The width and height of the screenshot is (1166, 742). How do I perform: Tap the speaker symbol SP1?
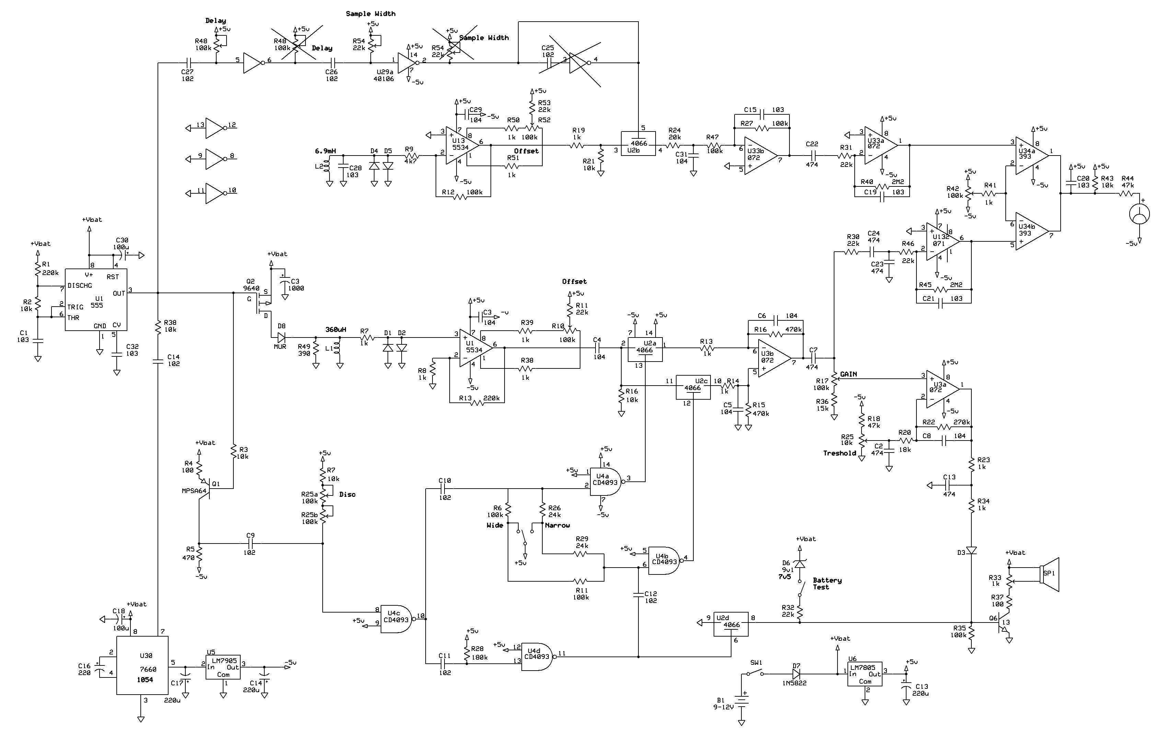[x=1050, y=574]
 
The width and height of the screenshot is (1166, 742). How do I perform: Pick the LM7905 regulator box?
[x=223, y=667]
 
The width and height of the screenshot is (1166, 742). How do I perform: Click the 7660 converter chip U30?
[x=142, y=665]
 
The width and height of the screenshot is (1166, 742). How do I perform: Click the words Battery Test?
[x=827, y=584]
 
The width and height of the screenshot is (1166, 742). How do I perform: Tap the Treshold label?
[x=840, y=453]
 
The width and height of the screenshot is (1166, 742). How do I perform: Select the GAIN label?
[x=848, y=374]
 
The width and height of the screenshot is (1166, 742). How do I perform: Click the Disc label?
[x=347, y=494]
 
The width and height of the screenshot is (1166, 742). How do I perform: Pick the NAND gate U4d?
[x=537, y=657]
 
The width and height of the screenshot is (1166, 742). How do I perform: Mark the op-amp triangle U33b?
[x=760, y=156]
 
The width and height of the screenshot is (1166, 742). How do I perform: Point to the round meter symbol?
[x=1140, y=214]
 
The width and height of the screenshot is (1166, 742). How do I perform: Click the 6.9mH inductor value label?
[x=325, y=151]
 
